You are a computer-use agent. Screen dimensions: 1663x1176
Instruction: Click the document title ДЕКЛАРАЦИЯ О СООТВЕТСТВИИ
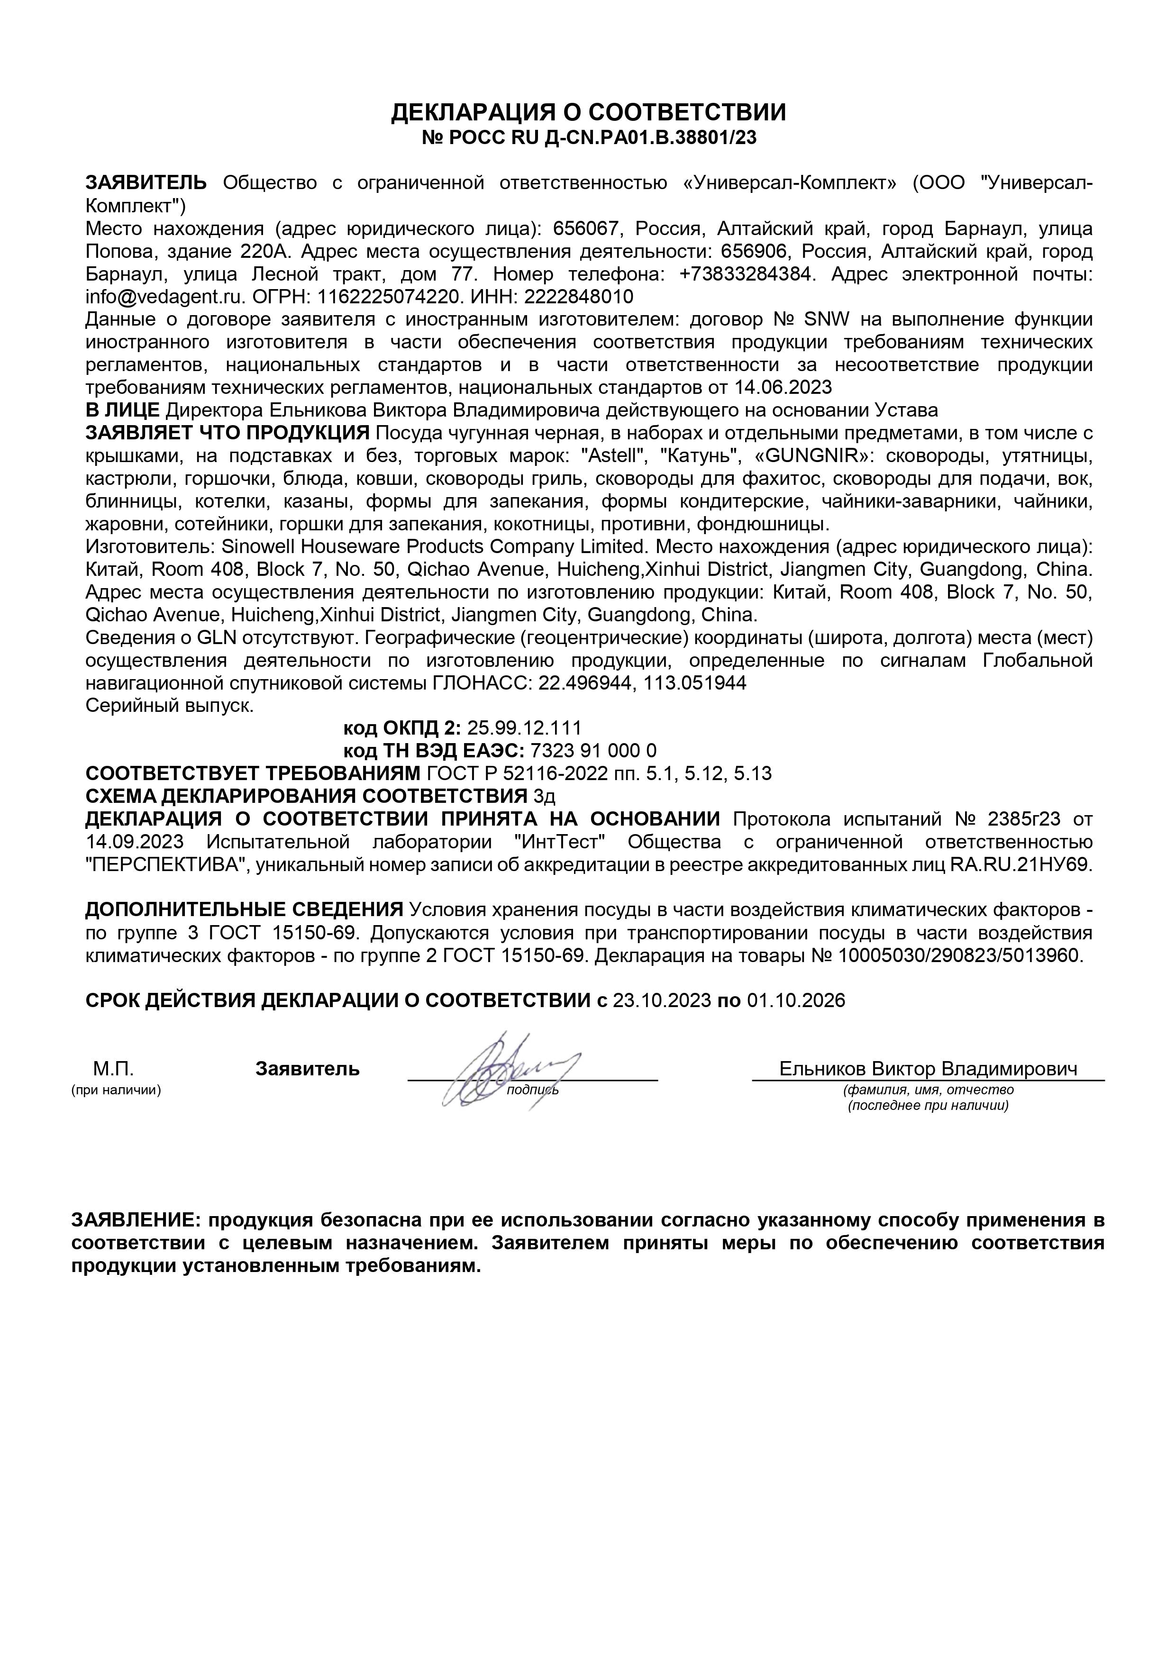[588, 112]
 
